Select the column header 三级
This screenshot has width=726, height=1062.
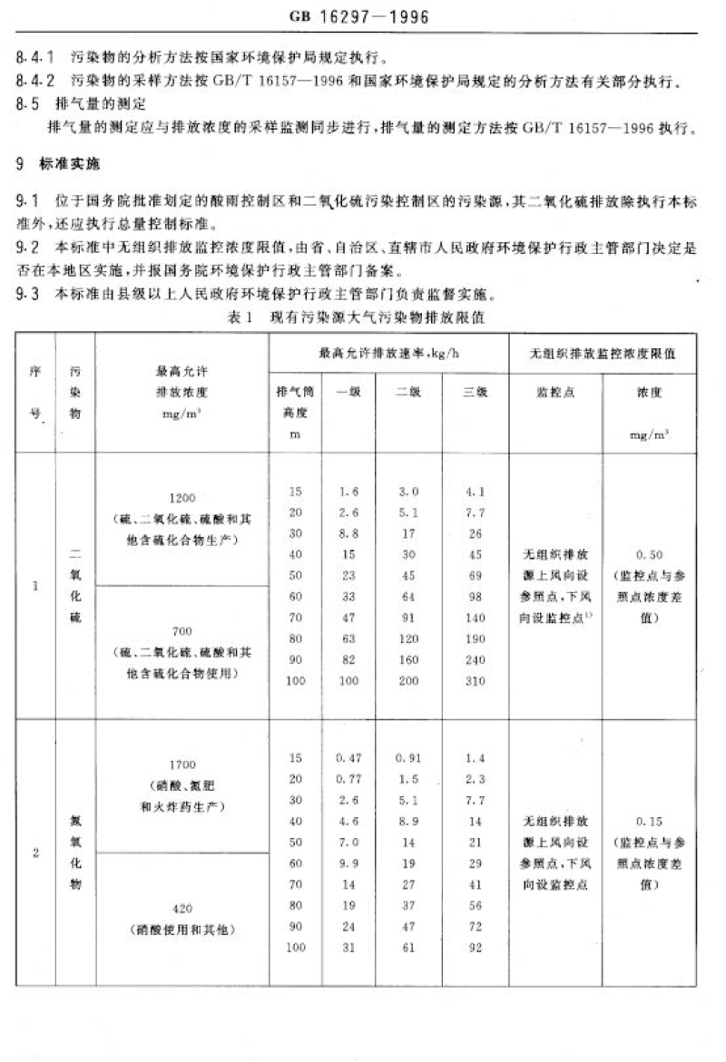[x=476, y=393]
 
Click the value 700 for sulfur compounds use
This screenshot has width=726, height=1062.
[x=181, y=630]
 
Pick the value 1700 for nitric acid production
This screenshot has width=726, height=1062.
[x=181, y=765]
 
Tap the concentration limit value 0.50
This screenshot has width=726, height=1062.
[x=649, y=554]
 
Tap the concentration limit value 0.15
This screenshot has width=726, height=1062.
[x=649, y=822]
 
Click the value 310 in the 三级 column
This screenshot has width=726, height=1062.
[x=476, y=681]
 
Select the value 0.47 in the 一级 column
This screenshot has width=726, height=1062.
[x=348, y=757]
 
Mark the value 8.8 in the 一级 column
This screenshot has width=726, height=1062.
[x=348, y=534]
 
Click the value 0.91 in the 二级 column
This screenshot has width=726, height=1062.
[x=409, y=757]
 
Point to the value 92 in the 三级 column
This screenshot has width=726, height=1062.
[x=476, y=948]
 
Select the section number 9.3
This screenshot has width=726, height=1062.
[x=27, y=293]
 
